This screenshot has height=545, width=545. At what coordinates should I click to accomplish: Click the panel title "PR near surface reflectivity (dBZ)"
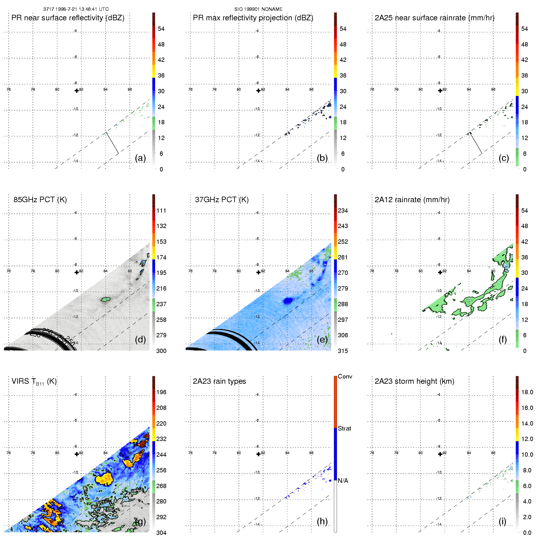(68, 18)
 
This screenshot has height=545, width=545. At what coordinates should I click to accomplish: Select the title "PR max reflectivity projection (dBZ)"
(253, 18)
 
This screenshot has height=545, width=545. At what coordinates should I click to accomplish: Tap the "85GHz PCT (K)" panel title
(40, 200)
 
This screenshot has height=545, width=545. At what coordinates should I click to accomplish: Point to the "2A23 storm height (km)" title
(414, 381)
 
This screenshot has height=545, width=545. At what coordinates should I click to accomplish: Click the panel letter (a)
(140, 158)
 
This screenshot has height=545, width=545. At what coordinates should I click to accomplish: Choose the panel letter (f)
(503, 339)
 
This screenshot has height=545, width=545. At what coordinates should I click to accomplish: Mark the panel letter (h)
(322, 521)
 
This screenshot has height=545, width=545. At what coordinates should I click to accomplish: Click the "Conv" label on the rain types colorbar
(345, 377)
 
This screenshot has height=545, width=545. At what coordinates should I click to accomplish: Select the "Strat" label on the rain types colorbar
(344, 428)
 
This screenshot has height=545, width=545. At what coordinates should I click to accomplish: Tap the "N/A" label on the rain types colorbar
(343, 481)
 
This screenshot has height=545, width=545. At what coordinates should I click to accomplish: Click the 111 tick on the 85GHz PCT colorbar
(161, 211)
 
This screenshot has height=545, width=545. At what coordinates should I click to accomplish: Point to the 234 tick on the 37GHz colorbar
(343, 211)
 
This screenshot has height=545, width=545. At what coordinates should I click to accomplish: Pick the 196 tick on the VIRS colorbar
(161, 392)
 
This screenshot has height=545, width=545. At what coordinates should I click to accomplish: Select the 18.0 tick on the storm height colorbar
(527, 392)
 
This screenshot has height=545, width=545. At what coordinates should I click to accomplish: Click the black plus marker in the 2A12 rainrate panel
(440, 272)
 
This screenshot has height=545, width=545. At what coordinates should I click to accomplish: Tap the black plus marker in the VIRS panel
(77, 454)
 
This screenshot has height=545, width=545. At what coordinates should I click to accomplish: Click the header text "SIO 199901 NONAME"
(258, 9)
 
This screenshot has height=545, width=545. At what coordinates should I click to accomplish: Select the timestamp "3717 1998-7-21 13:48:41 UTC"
(76, 9)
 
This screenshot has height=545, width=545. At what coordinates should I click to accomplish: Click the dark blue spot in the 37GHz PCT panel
(288, 301)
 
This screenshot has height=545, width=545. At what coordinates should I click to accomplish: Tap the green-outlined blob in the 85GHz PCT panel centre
(106, 299)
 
